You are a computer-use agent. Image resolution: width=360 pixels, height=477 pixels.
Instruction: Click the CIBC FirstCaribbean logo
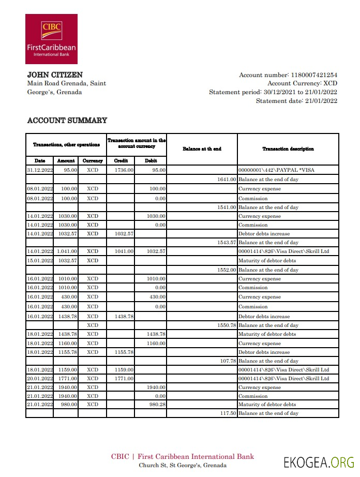[x=51, y=39]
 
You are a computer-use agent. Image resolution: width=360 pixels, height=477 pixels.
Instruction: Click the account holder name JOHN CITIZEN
[x=55, y=75]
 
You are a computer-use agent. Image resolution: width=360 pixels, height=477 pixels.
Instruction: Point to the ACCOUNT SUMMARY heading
[x=67, y=121]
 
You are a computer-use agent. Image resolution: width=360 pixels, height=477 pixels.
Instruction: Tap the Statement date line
[x=296, y=101]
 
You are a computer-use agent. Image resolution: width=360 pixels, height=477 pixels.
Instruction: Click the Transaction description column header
[x=288, y=149]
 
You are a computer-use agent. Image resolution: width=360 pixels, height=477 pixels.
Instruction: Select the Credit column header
[x=121, y=161]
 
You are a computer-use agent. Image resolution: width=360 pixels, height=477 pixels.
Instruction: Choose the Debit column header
[x=151, y=161]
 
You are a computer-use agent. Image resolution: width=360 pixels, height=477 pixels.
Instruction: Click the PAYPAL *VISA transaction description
[x=276, y=170]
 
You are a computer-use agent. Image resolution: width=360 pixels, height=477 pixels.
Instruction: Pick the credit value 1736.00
[x=124, y=170]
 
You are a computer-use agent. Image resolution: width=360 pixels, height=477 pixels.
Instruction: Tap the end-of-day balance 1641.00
[x=226, y=179]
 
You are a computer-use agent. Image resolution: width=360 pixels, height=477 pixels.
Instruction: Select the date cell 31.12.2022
[x=40, y=170]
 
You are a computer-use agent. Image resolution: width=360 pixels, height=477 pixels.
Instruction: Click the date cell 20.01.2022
[x=40, y=379]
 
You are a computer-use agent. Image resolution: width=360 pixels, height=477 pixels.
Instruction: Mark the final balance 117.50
[x=228, y=413]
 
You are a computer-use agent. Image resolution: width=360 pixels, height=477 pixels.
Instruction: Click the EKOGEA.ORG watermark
[x=319, y=461]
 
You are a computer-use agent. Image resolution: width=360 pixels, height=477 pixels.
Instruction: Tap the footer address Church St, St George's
[x=183, y=465]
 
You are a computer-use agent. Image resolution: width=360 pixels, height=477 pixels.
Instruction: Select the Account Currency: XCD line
[x=302, y=83]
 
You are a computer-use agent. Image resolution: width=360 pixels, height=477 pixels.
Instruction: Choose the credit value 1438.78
[x=123, y=316]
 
